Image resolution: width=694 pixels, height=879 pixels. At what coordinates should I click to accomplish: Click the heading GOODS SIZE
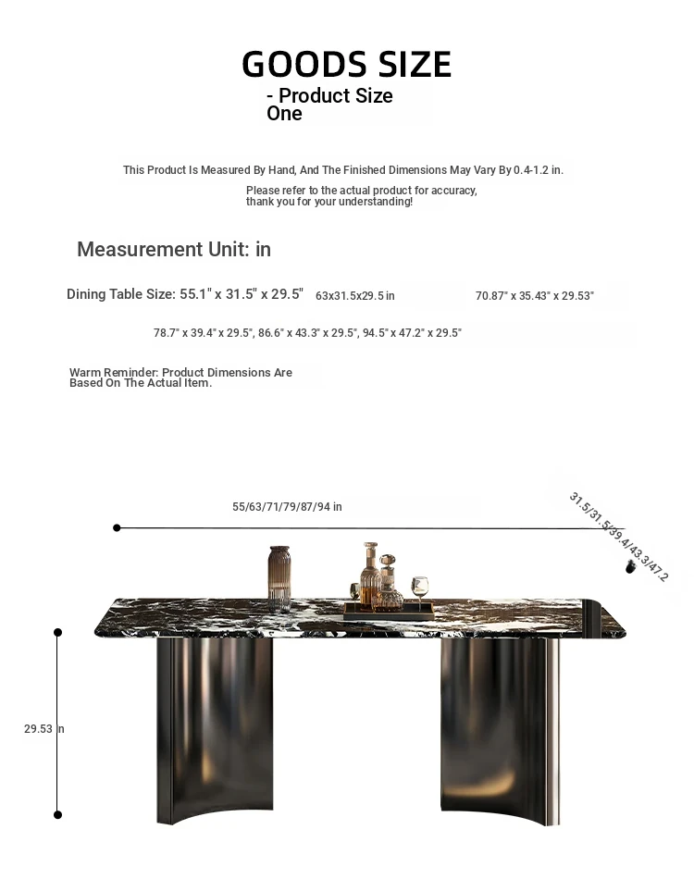click(346, 65)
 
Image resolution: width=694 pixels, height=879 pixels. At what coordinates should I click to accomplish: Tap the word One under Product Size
click(284, 114)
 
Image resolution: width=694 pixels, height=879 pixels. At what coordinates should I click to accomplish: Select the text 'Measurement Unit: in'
click(174, 250)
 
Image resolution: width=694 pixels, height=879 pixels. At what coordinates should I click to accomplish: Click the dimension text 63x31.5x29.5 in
click(354, 296)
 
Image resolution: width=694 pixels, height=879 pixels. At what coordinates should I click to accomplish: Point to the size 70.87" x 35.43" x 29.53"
click(534, 296)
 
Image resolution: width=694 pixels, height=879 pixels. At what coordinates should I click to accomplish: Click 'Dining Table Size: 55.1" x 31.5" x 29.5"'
click(185, 294)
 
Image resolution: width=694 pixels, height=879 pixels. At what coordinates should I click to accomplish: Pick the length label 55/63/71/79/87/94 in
click(287, 507)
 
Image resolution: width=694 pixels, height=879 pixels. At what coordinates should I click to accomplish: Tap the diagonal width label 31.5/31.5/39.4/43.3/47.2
click(617, 537)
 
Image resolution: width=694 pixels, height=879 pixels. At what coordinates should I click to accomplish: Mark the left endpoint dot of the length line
click(117, 527)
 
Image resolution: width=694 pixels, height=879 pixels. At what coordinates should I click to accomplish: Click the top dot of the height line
click(57, 633)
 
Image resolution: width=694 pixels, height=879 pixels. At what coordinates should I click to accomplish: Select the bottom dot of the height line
click(57, 814)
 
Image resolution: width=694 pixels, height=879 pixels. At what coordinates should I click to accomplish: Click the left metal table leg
click(199, 726)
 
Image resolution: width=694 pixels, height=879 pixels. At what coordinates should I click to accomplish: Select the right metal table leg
click(498, 726)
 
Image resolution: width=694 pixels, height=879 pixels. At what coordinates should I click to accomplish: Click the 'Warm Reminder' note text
click(180, 378)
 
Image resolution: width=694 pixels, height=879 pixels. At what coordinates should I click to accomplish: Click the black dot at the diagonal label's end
click(632, 566)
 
